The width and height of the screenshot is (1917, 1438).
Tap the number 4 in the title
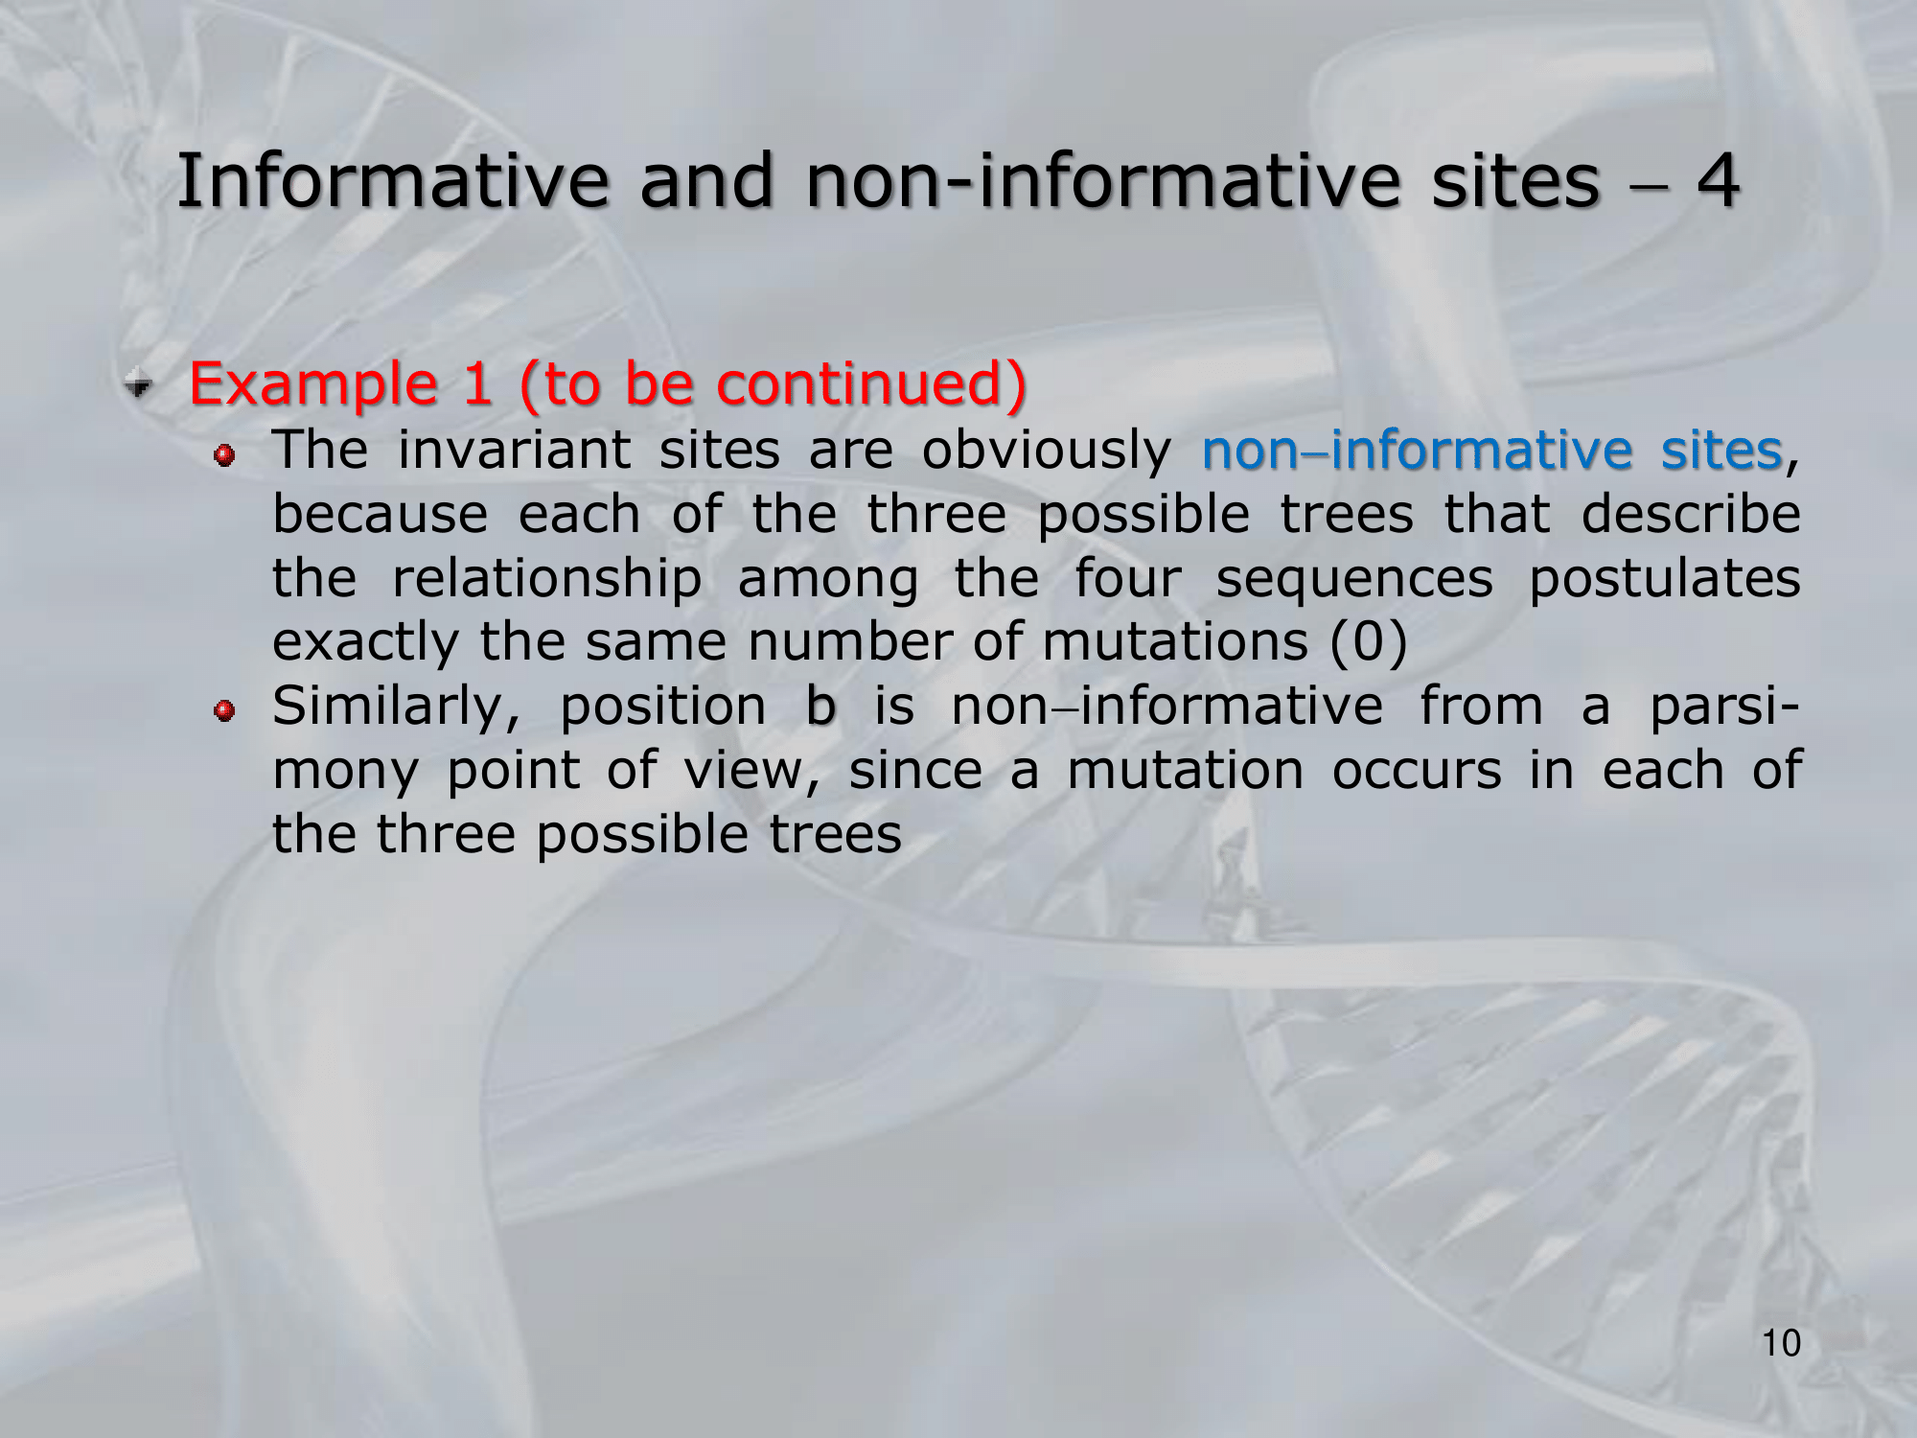(x=1718, y=181)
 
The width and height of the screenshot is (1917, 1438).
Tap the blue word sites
(x=1721, y=450)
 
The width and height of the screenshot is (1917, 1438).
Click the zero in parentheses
(x=1369, y=642)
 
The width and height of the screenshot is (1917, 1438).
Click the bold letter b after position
(x=820, y=706)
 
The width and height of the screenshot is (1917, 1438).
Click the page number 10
(x=1782, y=1343)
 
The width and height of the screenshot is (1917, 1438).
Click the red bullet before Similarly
(x=224, y=710)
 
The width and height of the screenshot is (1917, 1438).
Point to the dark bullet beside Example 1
(x=140, y=384)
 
